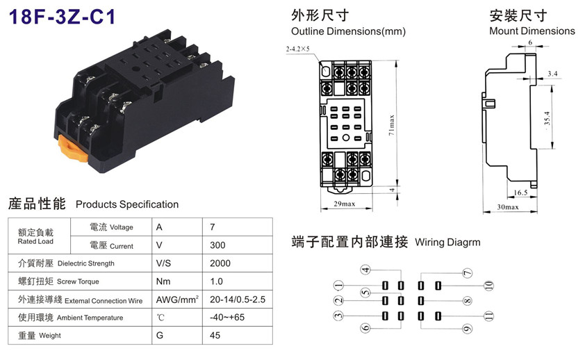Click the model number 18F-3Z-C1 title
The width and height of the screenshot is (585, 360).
click(x=62, y=17)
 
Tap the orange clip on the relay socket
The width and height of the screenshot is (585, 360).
click(x=72, y=149)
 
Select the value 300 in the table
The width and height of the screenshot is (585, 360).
click(x=217, y=245)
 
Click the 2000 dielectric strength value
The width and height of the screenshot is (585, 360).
click(x=220, y=263)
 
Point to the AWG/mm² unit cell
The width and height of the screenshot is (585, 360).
click(x=177, y=300)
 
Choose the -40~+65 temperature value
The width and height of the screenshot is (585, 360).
click(x=226, y=317)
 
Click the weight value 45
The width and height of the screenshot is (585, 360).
click(x=215, y=335)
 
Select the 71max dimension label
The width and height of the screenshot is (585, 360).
click(x=391, y=125)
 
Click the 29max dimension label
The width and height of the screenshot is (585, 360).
click(x=345, y=204)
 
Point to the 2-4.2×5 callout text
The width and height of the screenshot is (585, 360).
click(x=298, y=49)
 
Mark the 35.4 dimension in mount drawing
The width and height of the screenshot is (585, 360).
click(x=547, y=119)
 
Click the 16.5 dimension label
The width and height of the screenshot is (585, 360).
click(x=520, y=193)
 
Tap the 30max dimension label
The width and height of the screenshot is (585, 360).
click(x=508, y=206)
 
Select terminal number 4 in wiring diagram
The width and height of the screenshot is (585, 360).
click(x=365, y=270)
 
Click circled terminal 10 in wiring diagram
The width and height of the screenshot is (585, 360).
click(x=488, y=286)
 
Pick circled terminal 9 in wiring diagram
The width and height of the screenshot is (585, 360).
click(x=467, y=329)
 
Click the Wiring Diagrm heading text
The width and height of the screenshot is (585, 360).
click(x=447, y=243)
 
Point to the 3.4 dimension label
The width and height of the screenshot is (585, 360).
click(x=552, y=74)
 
